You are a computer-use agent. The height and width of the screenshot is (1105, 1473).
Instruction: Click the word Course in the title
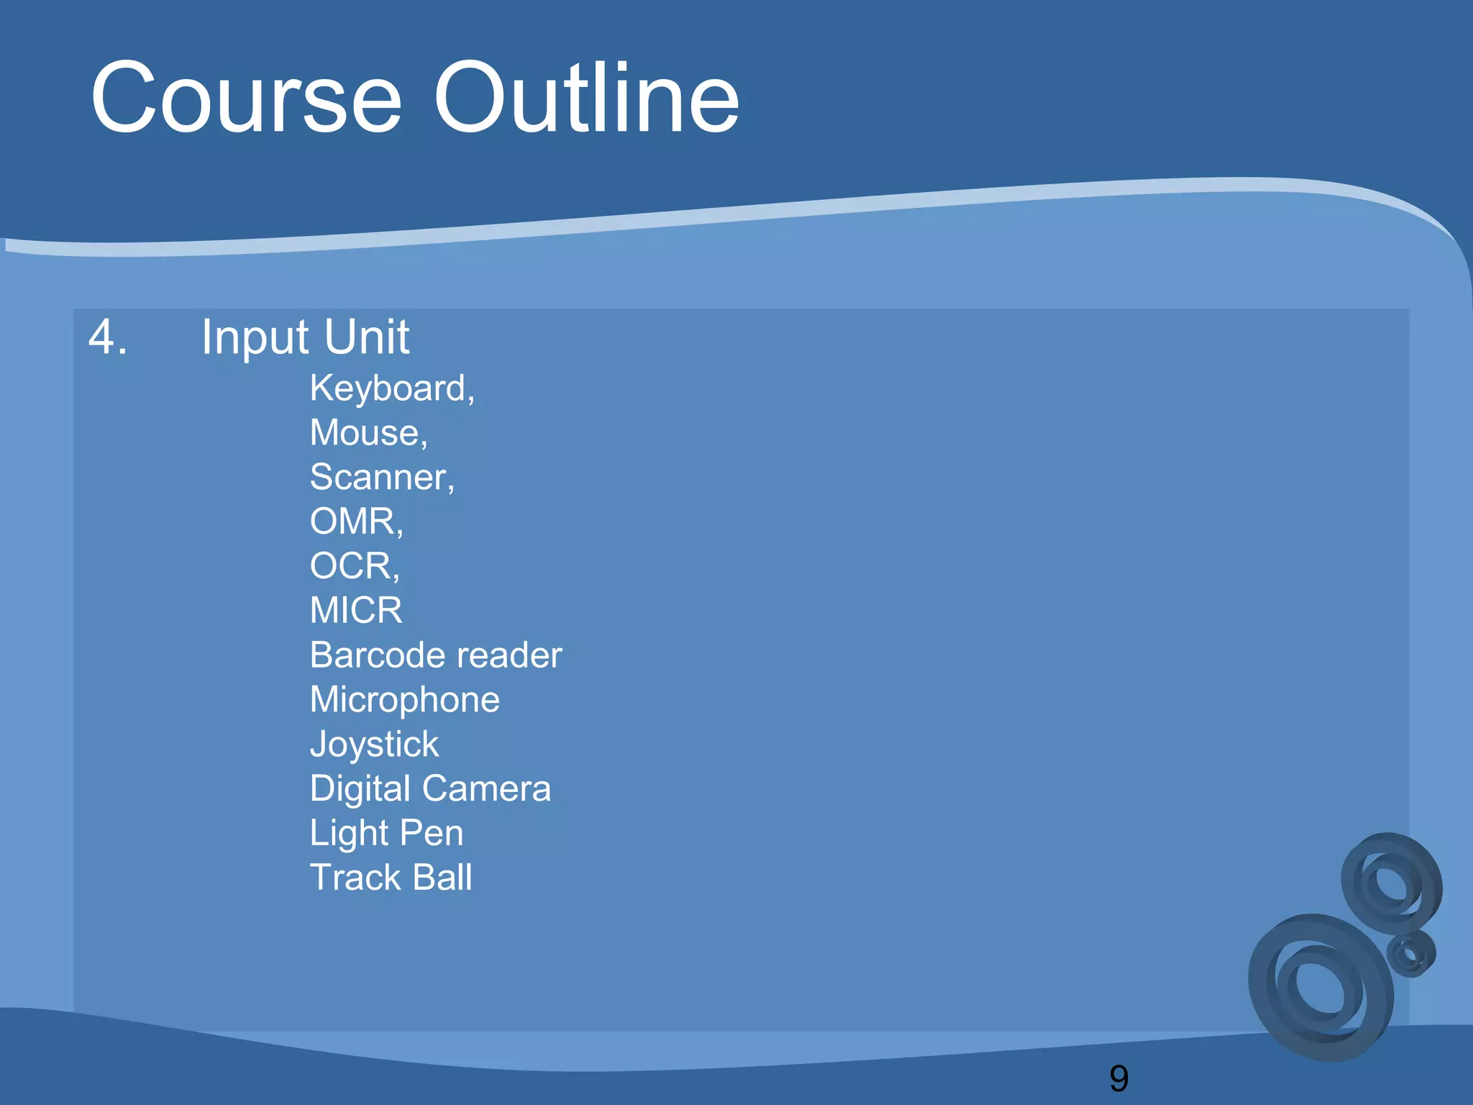(x=246, y=99)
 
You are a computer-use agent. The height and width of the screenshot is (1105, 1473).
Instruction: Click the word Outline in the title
(x=586, y=99)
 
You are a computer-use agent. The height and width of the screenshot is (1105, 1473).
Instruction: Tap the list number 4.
(x=108, y=337)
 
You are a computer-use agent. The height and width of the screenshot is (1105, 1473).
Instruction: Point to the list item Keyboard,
(x=392, y=389)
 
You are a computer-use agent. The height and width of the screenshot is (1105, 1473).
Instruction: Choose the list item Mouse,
(x=368, y=433)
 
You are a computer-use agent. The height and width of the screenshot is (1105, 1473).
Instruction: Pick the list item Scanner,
(x=382, y=478)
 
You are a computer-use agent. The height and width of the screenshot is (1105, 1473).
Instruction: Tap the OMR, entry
(x=356, y=522)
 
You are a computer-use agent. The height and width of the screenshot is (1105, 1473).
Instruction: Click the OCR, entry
(x=354, y=566)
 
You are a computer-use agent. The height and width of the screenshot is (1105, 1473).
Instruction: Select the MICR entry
(x=356, y=611)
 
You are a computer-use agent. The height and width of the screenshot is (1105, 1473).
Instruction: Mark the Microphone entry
(x=404, y=700)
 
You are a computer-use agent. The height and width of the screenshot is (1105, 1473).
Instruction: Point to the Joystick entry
(x=374, y=745)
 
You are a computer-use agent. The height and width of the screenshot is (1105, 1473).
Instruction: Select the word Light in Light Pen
(x=349, y=834)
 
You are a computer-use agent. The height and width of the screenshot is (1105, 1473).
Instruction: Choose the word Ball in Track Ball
(x=442, y=878)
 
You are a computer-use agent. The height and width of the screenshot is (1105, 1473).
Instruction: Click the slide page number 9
(x=1119, y=1078)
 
